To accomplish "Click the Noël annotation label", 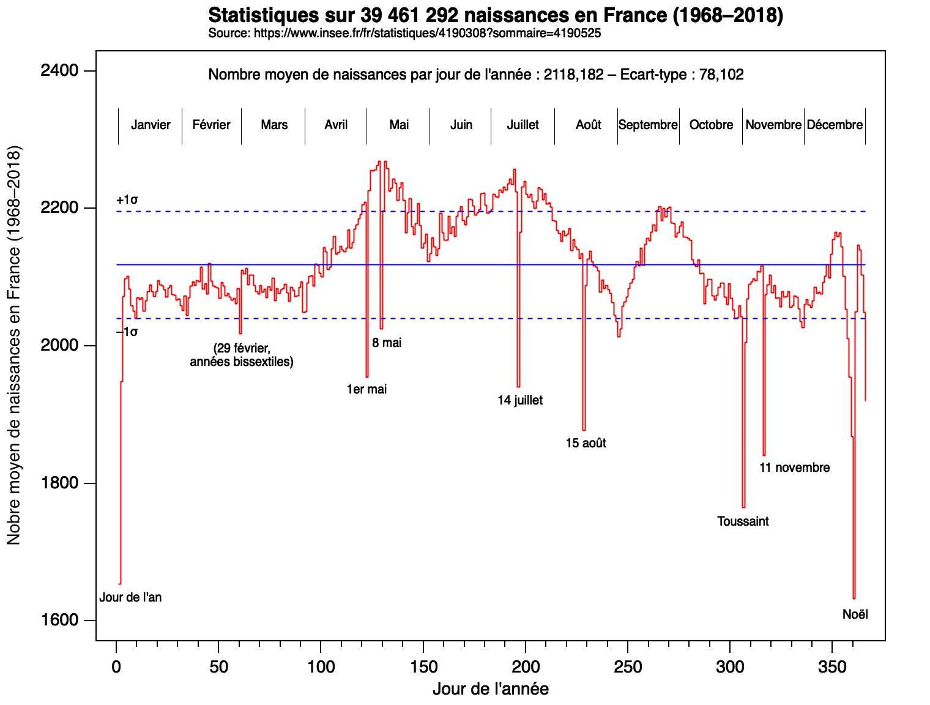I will click(855, 614).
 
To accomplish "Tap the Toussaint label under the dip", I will click(743, 521).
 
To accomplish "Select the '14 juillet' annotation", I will click(520, 400).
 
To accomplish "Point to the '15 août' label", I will click(586, 443).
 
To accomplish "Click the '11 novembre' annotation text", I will click(794, 468).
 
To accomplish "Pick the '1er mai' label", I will click(366, 389).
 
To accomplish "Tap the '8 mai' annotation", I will click(387, 343).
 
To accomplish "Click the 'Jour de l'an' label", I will click(130, 597).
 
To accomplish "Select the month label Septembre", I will click(648, 125).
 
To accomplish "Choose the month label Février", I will click(211, 125).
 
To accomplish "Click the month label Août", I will click(588, 125).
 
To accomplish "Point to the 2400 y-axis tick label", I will click(60, 71).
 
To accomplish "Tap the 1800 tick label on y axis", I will click(60, 483).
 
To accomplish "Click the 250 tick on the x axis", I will click(628, 666).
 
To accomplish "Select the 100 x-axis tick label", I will click(321, 666).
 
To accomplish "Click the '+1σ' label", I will click(127, 200).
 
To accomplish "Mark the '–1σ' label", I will click(127, 332).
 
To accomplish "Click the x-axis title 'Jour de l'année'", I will click(490, 689).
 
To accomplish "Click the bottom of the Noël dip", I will click(854, 598).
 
